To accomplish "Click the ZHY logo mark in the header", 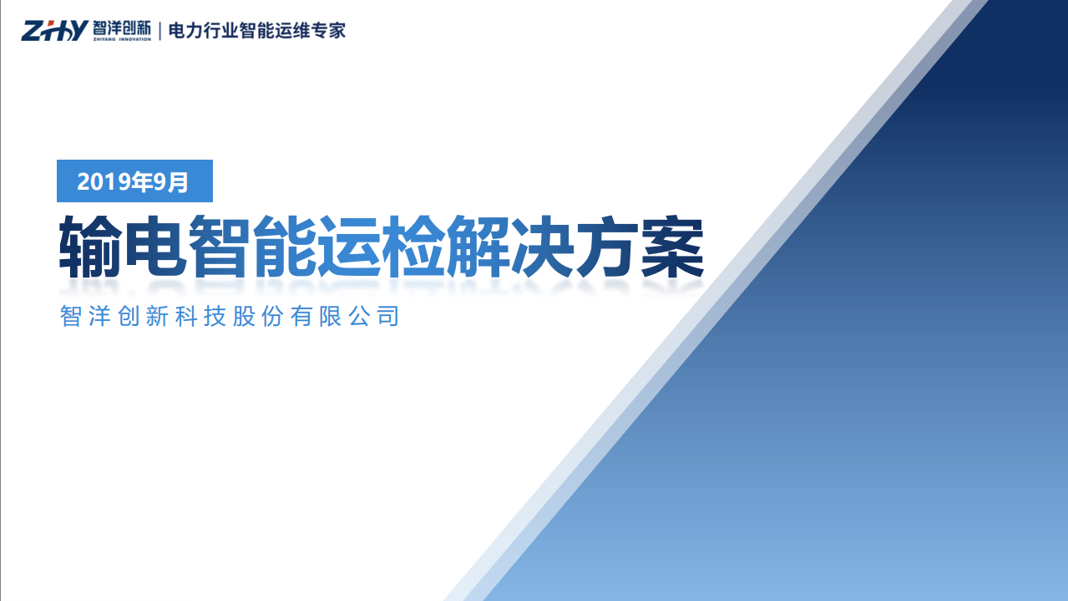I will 54,31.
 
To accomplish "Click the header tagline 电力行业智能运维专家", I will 256,31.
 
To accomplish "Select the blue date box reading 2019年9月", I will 134,181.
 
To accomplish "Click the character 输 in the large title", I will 90,247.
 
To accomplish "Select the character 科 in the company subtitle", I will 186,317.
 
